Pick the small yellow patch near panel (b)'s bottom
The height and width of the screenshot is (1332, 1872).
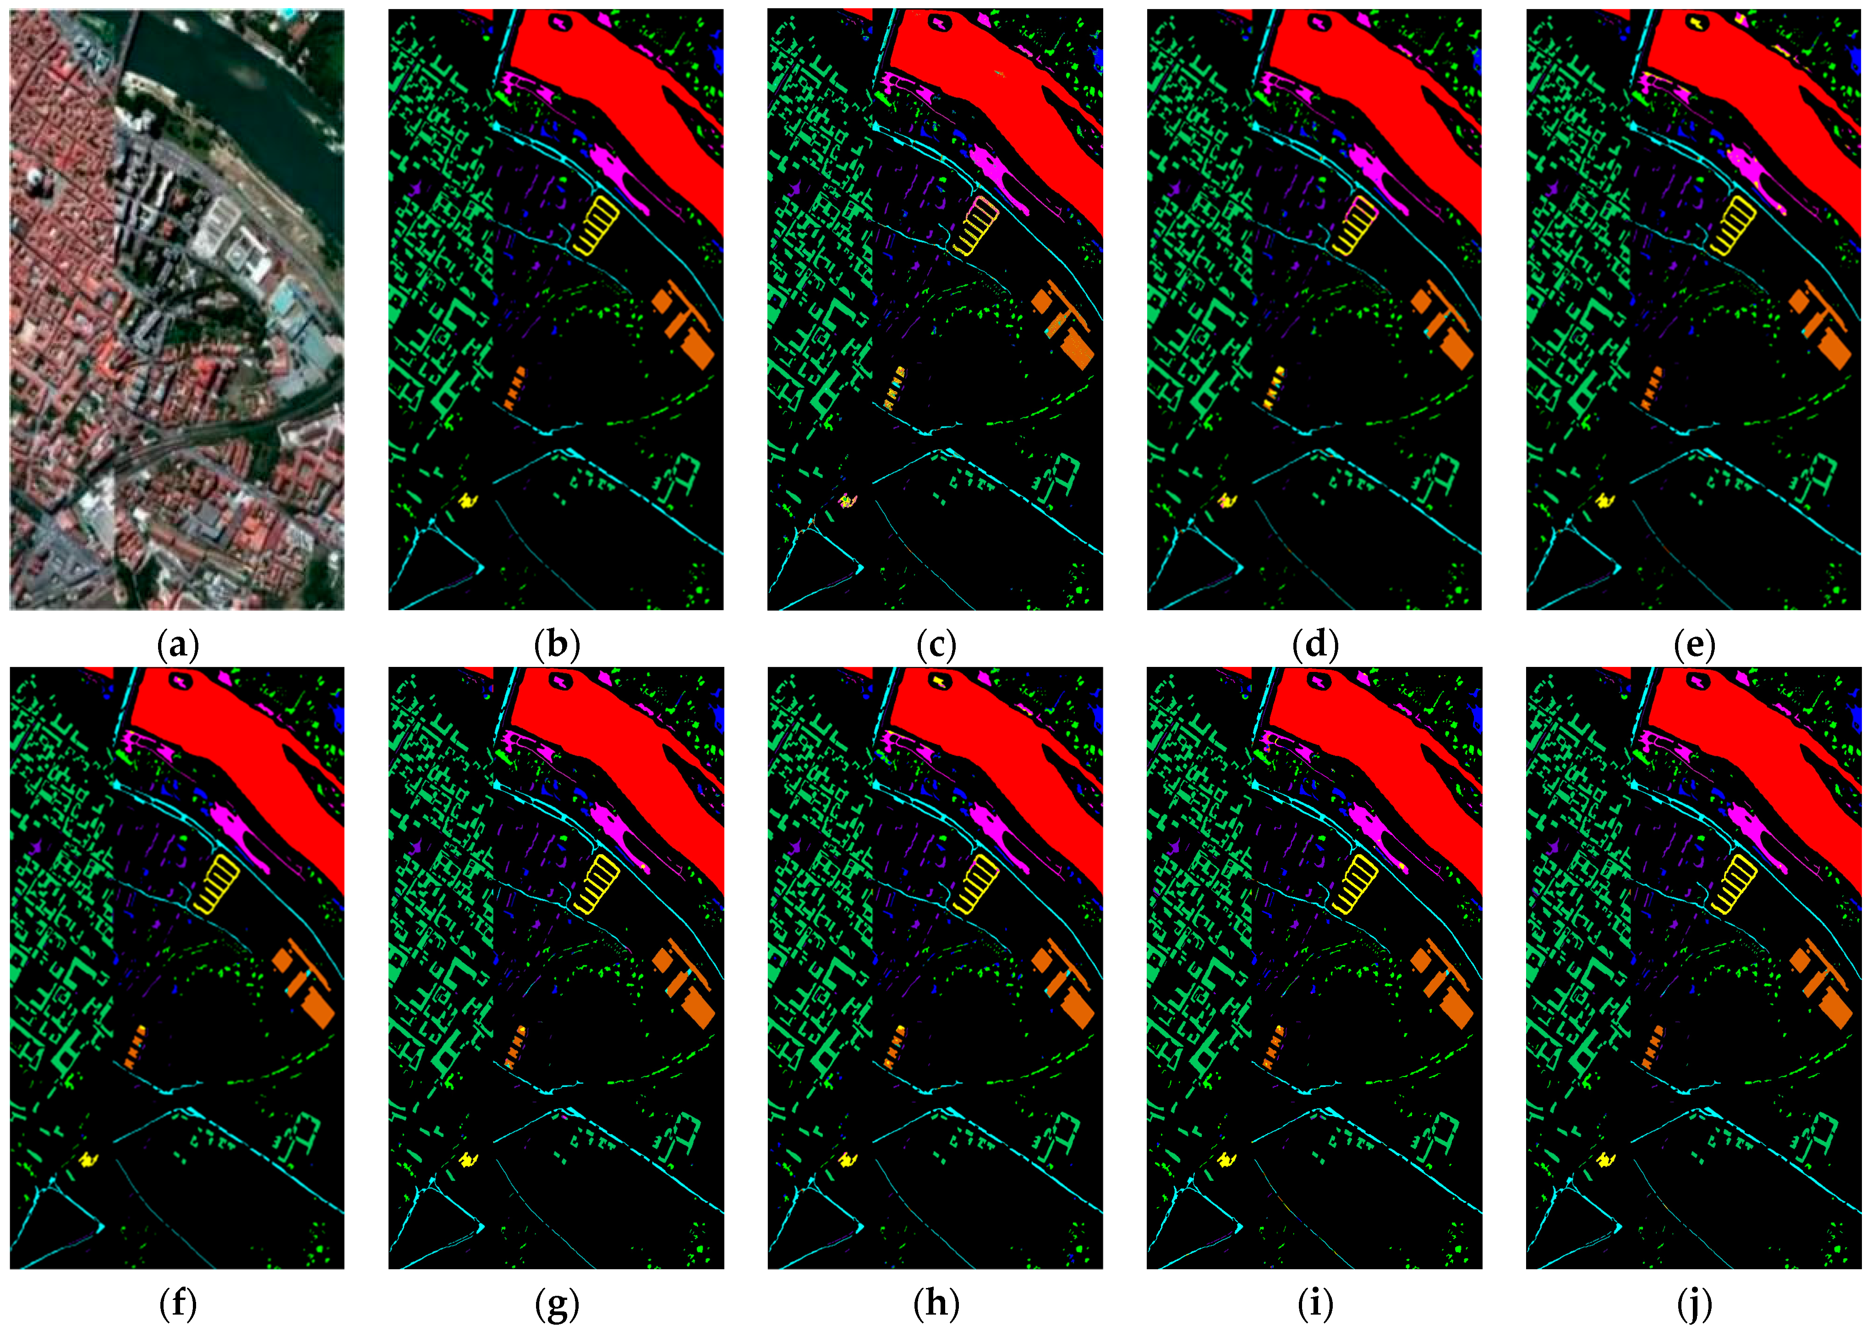click(468, 499)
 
